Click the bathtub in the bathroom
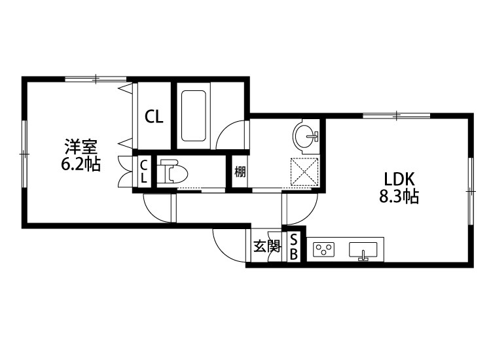coord(194,116)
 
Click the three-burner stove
coord(324,250)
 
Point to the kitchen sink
coord(363,250)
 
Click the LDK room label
coord(399,179)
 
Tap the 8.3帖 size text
coord(399,196)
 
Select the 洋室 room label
coord(81,146)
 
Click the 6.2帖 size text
coord(81,164)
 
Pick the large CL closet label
coord(154,117)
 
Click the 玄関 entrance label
coord(266,246)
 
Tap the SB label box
coord(294,247)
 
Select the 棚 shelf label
coord(240,171)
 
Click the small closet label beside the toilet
coord(144,171)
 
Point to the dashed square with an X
coord(304,172)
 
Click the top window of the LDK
coord(397,115)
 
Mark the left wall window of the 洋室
coord(24,154)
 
